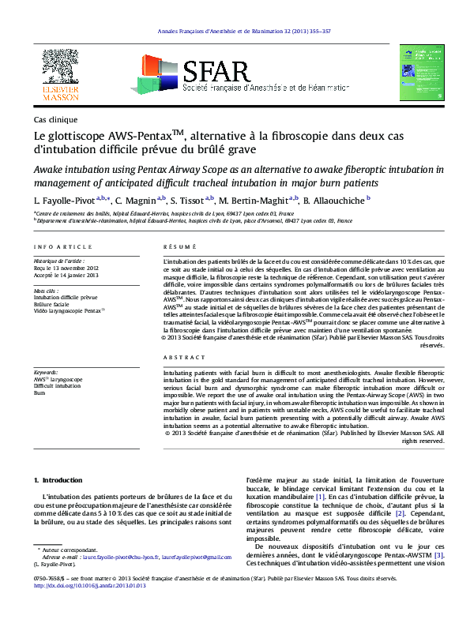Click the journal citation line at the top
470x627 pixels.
point(235,31)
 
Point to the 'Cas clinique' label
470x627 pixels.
point(55,119)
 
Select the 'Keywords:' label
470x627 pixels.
point(47,371)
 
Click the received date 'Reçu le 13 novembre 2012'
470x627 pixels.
point(67,267)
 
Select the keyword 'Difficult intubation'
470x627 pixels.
point(58,385)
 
